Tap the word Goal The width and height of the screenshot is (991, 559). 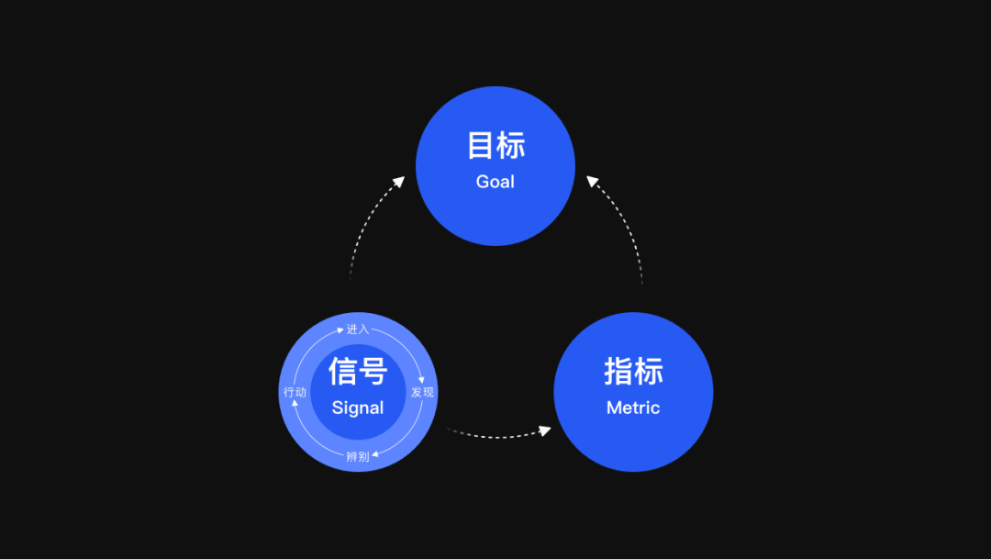(x=495, y=182)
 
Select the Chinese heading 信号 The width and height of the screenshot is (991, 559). (x=358, y=372)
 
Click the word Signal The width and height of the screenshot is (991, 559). (x=358, y=408)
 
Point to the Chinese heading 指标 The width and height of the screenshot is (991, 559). (x=633, y=372)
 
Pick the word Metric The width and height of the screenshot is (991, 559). (x=633, y=408)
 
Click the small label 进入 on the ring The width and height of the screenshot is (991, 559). (x=358, y=329)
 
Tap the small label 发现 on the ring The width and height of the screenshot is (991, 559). (x=422, y=392)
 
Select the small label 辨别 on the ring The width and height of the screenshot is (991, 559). (x=358, y=456)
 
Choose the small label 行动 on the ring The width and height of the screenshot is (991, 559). (x=295, y=392)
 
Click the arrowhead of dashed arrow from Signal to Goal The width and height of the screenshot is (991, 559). (x=399, y=181)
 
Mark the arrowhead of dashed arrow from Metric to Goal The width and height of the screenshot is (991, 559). (x=592, y=181)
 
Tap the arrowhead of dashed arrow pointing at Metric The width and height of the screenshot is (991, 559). (x=545, y=429)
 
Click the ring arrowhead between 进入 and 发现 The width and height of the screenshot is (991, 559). (x=420, y=377)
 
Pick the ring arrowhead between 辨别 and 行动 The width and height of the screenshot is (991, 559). (x=295, y=405)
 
